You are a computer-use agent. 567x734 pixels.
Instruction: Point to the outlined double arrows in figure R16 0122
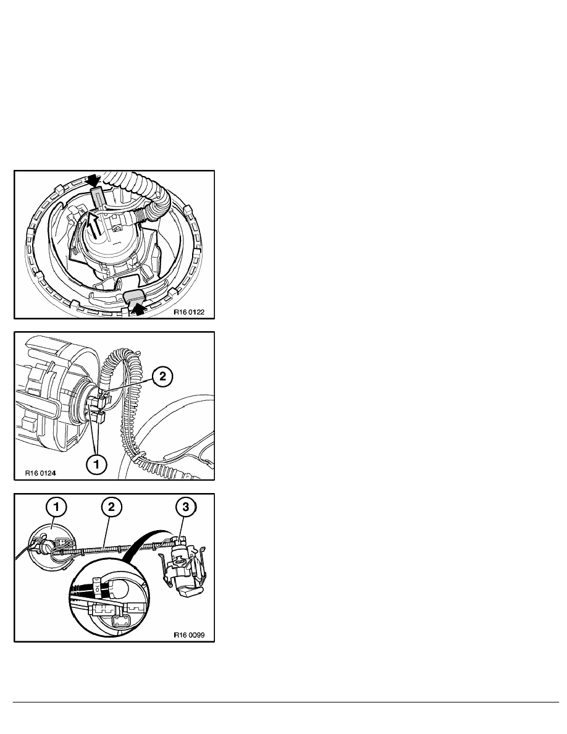93,227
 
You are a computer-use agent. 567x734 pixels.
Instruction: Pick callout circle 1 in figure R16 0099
57,507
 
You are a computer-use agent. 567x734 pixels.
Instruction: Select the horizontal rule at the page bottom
283,702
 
